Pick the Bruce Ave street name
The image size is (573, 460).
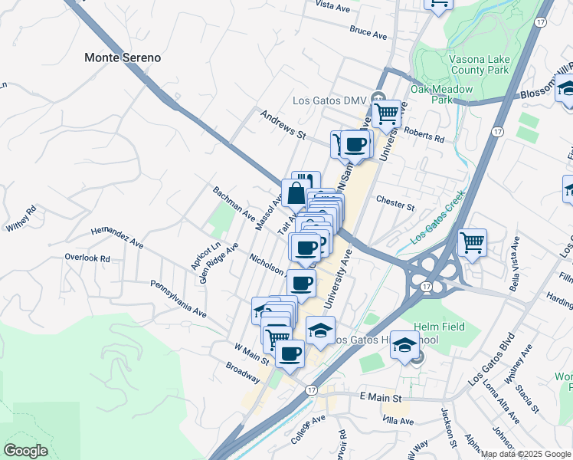point(368,33)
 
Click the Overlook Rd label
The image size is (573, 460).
point(87,258)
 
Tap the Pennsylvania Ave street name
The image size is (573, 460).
point(178,301)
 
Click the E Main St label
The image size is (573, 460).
point(381,398)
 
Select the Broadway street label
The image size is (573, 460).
point(243,372)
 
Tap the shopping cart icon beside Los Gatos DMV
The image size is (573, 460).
point(388,114)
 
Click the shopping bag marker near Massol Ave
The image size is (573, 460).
point(296,194)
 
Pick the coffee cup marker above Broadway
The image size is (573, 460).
point(290,353)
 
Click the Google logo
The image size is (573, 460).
point(26,451)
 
